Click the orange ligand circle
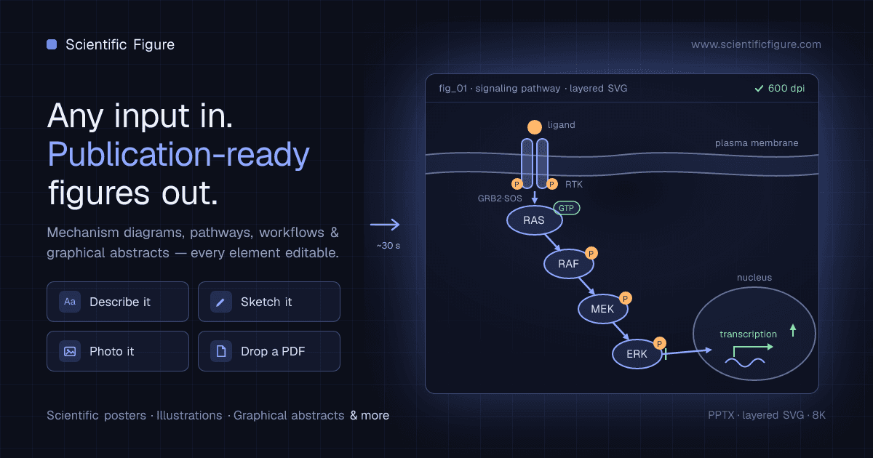click(x=534, y=127)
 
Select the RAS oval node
click(x=534, y=220)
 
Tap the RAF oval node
click(x=569, y=264)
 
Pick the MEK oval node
click(x=602, y=309)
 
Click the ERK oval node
click(x=637, y=354)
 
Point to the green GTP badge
click(x=566, y=208)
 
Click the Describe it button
click(x=118, y=302)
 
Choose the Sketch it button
click(x=269, y=302)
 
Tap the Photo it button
click(x=118, y=351)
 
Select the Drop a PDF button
click(x=269, y=351)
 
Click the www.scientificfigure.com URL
click(x=756, y=44)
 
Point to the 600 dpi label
click(x=780, y=89)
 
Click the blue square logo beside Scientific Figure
click(x=52, y=44)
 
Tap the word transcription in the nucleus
click(x=748, y=334)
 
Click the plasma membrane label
click(x=757, y=143)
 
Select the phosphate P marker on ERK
click(x=659, y=343)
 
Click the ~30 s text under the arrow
click(x=388, y=246)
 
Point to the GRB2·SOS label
click(x=500, y=198)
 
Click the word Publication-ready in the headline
click(x=178, y=155)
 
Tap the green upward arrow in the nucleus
click(x=793, y=330)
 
